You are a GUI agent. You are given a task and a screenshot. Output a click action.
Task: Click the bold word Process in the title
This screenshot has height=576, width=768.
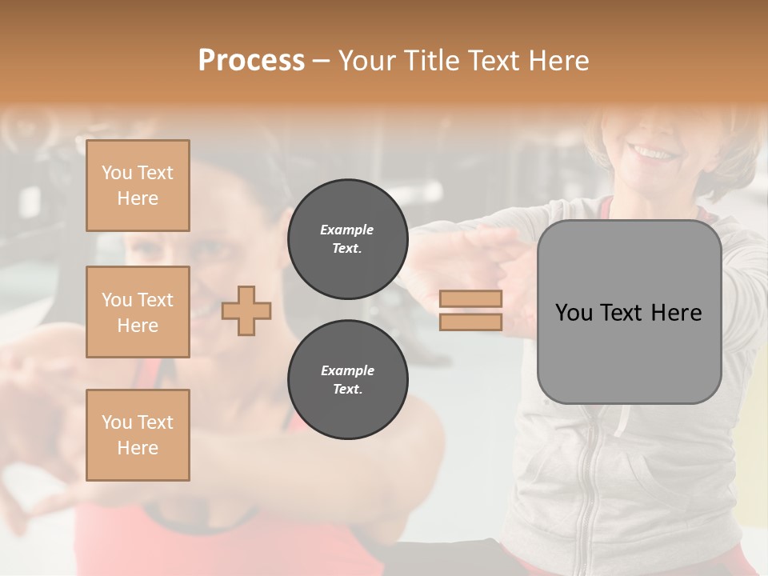pos(251,61)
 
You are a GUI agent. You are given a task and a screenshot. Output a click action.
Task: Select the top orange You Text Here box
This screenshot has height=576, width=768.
pos(138,186)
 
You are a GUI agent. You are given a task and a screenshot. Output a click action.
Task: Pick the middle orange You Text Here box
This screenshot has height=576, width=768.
pos(138,312)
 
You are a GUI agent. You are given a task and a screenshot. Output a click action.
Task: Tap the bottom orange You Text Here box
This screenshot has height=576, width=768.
pos(138,435)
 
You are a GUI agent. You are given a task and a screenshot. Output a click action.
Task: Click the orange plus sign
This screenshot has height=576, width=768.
pos(246,310)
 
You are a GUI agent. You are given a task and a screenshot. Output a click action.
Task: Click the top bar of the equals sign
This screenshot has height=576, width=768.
pos(471,299)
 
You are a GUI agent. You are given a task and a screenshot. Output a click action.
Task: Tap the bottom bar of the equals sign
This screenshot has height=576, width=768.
pos(471,322)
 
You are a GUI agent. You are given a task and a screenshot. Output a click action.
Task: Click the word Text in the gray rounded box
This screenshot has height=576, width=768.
pos(626,313)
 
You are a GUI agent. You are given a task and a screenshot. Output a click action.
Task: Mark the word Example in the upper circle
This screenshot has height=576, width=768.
pos(347,230)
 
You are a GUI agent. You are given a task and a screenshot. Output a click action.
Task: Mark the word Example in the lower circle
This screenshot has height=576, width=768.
pos(347,370)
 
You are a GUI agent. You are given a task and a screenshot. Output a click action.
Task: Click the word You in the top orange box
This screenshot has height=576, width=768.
pos(117,173)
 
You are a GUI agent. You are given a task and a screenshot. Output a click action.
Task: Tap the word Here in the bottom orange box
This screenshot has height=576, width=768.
pos(138,448)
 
